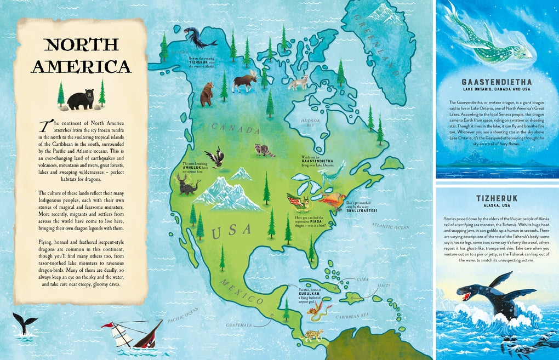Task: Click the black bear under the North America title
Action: pos(81,99)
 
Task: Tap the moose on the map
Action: pos(244,81)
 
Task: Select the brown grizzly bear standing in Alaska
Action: pos(207,94)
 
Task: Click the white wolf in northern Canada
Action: pos(299,82)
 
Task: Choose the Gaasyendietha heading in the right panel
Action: pos(497,82)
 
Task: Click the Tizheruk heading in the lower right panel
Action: pos(497,196)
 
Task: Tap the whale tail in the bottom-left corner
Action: pos(25,323)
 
